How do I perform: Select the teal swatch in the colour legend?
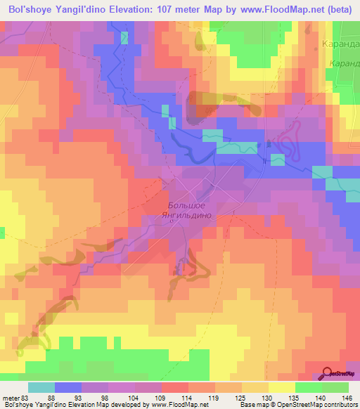[41, 387]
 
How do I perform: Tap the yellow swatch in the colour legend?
[282, 387]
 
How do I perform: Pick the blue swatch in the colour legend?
[68, 387]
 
